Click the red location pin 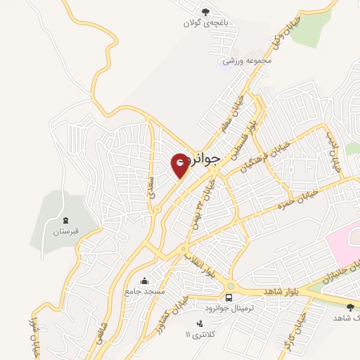181,165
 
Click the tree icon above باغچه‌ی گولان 205,11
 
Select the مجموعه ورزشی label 247,61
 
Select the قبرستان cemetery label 65,231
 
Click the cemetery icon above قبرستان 65,221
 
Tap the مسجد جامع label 145,290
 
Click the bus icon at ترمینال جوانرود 231,286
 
